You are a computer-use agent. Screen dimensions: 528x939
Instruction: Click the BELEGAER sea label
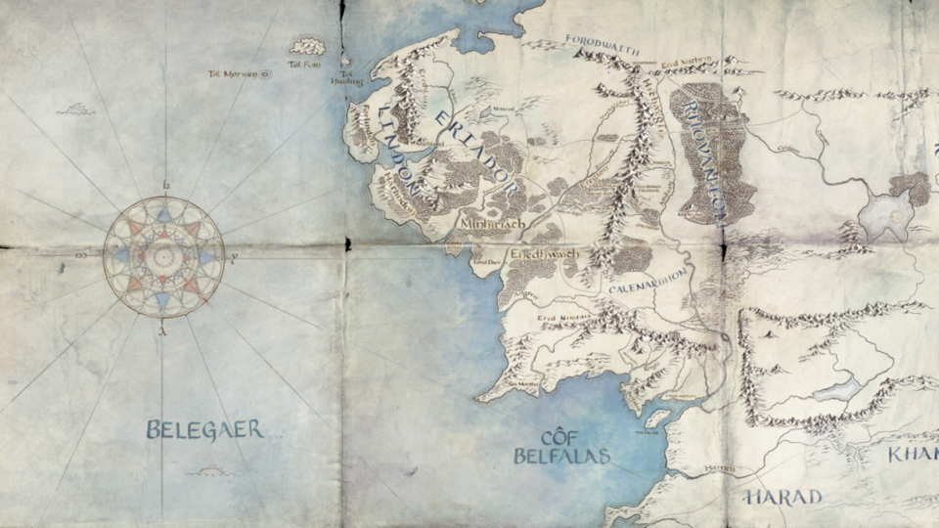pos(204,429)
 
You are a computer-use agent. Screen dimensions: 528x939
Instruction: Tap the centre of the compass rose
pos(163,257)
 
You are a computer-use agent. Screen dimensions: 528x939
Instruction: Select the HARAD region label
pos(782,498)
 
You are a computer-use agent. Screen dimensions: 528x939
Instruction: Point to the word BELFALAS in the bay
pos(561,456)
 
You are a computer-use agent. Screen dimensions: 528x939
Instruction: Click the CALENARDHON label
pos(649,289)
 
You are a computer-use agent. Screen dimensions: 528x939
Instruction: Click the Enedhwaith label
pos(544,255)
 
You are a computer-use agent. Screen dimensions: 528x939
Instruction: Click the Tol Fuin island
pos(308,46)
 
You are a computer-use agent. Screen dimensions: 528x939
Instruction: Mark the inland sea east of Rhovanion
pos(886,214)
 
